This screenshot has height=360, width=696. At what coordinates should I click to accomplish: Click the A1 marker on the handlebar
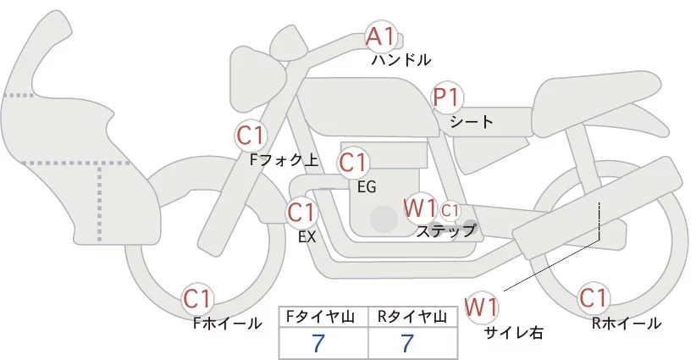click(380, 36)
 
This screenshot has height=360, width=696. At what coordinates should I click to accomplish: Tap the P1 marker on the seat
click(446, 98)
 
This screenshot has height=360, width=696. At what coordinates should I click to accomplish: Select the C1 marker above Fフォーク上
click(251, 135)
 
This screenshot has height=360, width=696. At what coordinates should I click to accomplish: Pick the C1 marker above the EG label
click(353, 162)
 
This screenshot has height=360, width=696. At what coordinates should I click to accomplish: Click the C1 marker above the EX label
click(301, 212)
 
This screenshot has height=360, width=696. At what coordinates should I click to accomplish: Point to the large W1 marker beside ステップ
click(420, 208)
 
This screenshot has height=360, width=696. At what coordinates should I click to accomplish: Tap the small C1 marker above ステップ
click(450, 209)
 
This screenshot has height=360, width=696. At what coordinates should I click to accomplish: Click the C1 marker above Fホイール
click(199, 298)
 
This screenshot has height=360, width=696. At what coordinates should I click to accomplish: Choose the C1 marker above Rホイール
click(593, 298)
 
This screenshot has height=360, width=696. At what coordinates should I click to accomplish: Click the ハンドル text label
click(401, 60)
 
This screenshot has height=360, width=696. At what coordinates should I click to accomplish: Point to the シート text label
click(472, 121)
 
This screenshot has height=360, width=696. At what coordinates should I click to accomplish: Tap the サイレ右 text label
click(513, 332)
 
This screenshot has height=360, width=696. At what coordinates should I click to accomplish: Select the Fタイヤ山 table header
click(324, 317)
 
